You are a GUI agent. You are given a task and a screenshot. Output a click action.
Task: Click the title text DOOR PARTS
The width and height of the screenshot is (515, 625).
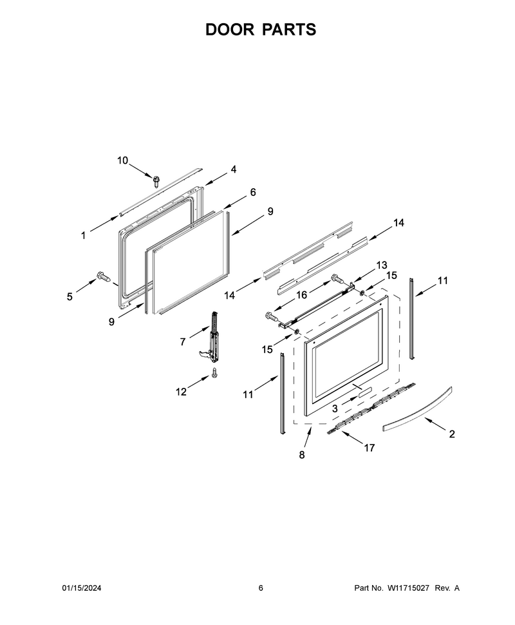(x=261, y=30)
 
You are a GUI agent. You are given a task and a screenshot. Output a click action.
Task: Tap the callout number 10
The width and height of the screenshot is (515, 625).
(x=122, y=160)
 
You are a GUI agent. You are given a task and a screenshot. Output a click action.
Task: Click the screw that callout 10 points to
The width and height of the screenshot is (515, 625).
(x=156, y=181)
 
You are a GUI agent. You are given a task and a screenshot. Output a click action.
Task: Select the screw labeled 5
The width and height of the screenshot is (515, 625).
(x=103, y=276)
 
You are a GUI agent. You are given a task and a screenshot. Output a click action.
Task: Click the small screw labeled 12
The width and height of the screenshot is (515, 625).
(x=214, y=373)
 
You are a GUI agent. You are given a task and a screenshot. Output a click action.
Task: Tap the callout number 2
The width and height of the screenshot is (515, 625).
(x=452, y=434)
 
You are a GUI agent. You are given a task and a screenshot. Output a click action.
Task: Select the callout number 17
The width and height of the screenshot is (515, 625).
(x=370, y=448)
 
